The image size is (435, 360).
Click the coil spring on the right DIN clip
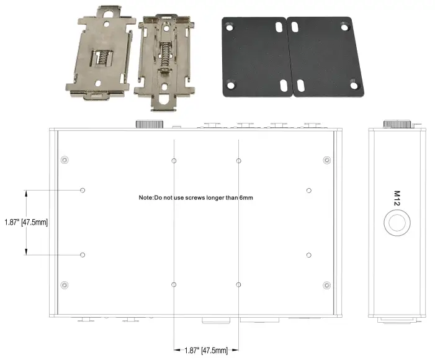click(166, 58)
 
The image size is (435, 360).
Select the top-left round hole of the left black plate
click(230, 28)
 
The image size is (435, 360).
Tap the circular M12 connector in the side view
click(397, 223)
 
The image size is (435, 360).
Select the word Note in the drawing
click(146, 197)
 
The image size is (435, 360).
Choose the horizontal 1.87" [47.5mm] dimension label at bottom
click(206, 351)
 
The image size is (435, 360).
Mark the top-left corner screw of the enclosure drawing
click(64, 161)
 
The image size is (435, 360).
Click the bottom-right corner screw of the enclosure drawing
click(327, 285)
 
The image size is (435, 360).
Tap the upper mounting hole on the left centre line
click(174, 161)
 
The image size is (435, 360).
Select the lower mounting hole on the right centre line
click(238, 284)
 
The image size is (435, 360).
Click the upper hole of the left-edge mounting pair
click(83, 189)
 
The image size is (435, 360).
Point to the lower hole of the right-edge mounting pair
click(308, 255)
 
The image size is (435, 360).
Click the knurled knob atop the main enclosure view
click(149, 124)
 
